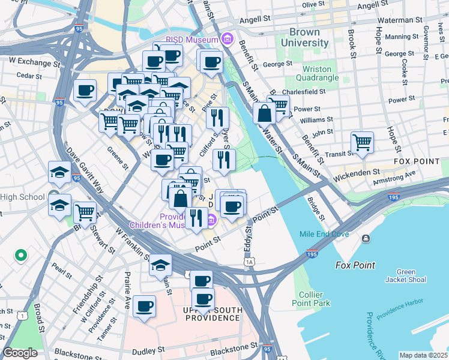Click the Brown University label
pyautogui.click(x=309, y=37)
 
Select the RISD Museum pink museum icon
pyautogui.click(x=228, y=40)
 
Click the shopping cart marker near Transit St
pyautogui.click(x=362, y=143)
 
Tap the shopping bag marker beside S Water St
pyautogui.click(x=264, y=113)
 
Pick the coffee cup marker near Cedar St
pyautogui.click(x=85, y=91)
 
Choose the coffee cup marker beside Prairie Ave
pyautogui.click(x=144, y=307)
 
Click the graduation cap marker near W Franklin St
pyautogui.click(x=160, y=265)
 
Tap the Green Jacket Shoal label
pyautogui.click(x=406, y=275)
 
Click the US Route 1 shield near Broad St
pyautogui.click(x=22, y=316)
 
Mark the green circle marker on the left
pyautogui.click(x=20, y=256)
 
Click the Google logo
pyautogui.click(x=20, y=353)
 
